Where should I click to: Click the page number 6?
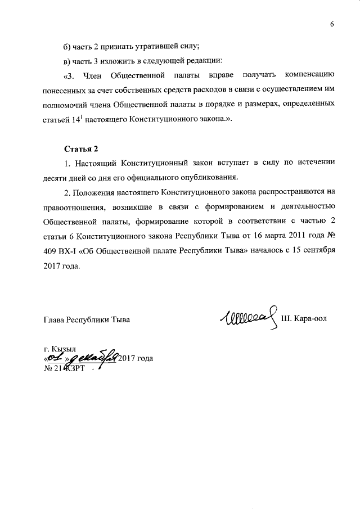pyautogui.click(x=332, y=23)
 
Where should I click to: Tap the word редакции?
pyautogui.click(x=205, y=60)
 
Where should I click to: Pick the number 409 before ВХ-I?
pyautogui.click(x=51, y=251)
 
